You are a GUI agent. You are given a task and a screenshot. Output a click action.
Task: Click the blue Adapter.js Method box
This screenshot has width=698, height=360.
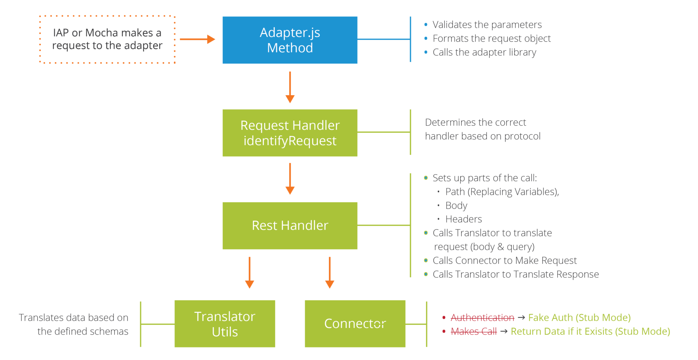click(x=290, y=40)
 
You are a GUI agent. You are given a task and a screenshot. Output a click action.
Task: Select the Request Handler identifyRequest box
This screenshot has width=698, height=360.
click(x=290, y=133)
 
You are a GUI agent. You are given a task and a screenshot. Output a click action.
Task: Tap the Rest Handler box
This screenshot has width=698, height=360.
click(x=290, y=226)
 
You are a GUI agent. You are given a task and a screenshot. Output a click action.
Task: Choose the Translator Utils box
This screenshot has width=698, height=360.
click(x=225, y=324)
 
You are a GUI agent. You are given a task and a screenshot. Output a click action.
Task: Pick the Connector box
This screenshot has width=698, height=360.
click(x=355, y=324)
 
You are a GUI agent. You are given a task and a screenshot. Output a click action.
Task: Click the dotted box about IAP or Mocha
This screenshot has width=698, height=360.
click(x=107, y=39)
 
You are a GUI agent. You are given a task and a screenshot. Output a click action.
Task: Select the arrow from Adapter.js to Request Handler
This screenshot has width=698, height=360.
click(x=290, y=87)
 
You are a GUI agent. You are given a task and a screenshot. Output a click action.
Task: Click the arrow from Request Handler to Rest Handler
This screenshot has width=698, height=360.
click(x=290, y=179)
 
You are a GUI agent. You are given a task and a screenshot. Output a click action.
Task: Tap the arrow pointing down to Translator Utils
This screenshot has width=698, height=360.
click(x=250, y=273)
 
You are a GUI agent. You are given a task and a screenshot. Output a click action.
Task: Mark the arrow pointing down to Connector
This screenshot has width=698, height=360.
click(x=330, y=273)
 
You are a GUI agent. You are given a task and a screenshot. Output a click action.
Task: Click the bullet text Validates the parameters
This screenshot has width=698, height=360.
click(x=487, y=25)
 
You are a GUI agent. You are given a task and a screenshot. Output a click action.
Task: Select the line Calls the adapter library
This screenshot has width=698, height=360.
click(x=484, y=52)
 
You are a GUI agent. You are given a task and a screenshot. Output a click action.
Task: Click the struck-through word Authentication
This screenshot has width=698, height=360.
click(x=482, y=318)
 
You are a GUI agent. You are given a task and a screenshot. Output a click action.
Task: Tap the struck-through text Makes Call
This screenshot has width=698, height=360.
click(x=474, y=332)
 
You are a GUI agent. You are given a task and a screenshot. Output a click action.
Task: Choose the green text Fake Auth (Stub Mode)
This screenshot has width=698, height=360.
click(x=579, y=318)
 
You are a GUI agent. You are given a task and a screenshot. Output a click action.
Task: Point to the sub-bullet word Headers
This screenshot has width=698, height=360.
click(x=464, y=219)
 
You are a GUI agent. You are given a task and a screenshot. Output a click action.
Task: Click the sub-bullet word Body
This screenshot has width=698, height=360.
click(x=456, y=206)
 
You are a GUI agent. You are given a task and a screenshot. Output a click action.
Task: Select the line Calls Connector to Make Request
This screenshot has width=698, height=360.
click(x=504, y=261)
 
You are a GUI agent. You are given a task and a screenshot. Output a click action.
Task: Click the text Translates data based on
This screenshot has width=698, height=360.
click(x=74, y=318)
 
